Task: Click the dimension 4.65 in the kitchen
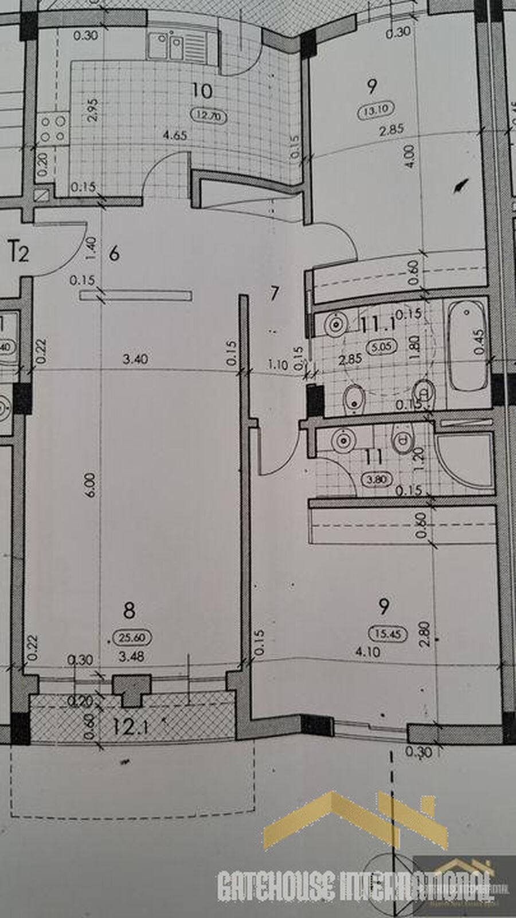[175, 136]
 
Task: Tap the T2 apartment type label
[19, 252]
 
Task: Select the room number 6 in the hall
[114, 253]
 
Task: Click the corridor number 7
[274, 294]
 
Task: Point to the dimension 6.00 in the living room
[93, 485]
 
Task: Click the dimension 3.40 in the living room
[136, 359]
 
